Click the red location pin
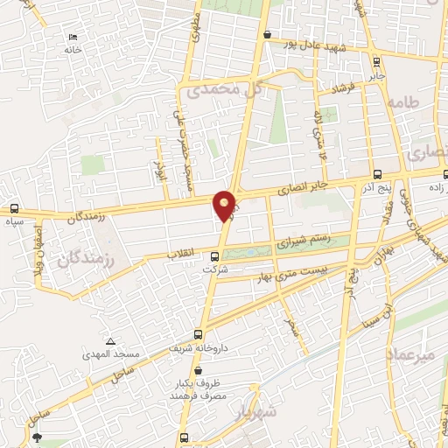pyautogui.click(x=225, y=206)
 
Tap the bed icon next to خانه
pyautogui.click(x=73, y=37)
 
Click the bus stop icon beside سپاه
pyautogui.click(x=13, y=209)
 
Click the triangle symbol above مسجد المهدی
pyautogui.click(x=109, y=341)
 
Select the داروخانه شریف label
pyautogui.click(x=199, y=347)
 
